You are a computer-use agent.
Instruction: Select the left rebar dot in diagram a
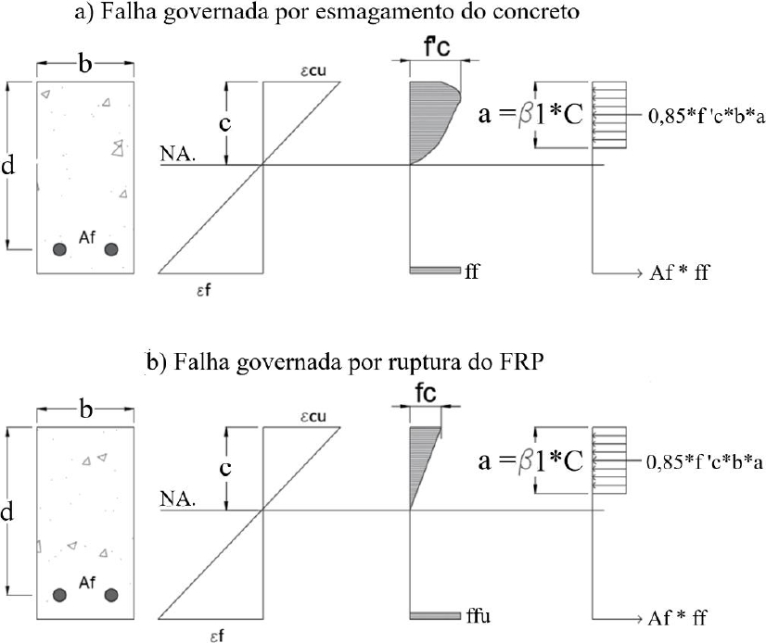[x=59, y=249]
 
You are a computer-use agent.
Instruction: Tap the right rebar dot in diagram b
[x=111, y=595]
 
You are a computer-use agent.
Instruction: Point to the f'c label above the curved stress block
[x=437, y=47]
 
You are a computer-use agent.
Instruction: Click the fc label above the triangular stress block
[x=426, y=394]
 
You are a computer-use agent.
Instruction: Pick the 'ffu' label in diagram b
[x=478, y=616]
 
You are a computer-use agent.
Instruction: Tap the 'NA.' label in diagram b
[x=178, y=499]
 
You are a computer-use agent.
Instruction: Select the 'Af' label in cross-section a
[x=87, y=237]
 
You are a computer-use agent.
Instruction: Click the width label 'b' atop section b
[x=85, y=409]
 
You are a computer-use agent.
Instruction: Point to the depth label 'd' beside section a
[x=7, y=166]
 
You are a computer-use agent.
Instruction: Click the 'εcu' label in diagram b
[x=313, y=416]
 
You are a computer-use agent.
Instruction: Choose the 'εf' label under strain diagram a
[x=204, y=291]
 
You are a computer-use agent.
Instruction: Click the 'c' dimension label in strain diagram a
[x=224, y=123]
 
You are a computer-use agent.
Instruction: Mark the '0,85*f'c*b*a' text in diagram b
[x=705, y=461]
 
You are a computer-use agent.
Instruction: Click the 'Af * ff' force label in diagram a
[x=679, y=272]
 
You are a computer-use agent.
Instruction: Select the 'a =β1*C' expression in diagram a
[x=530, y=114]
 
